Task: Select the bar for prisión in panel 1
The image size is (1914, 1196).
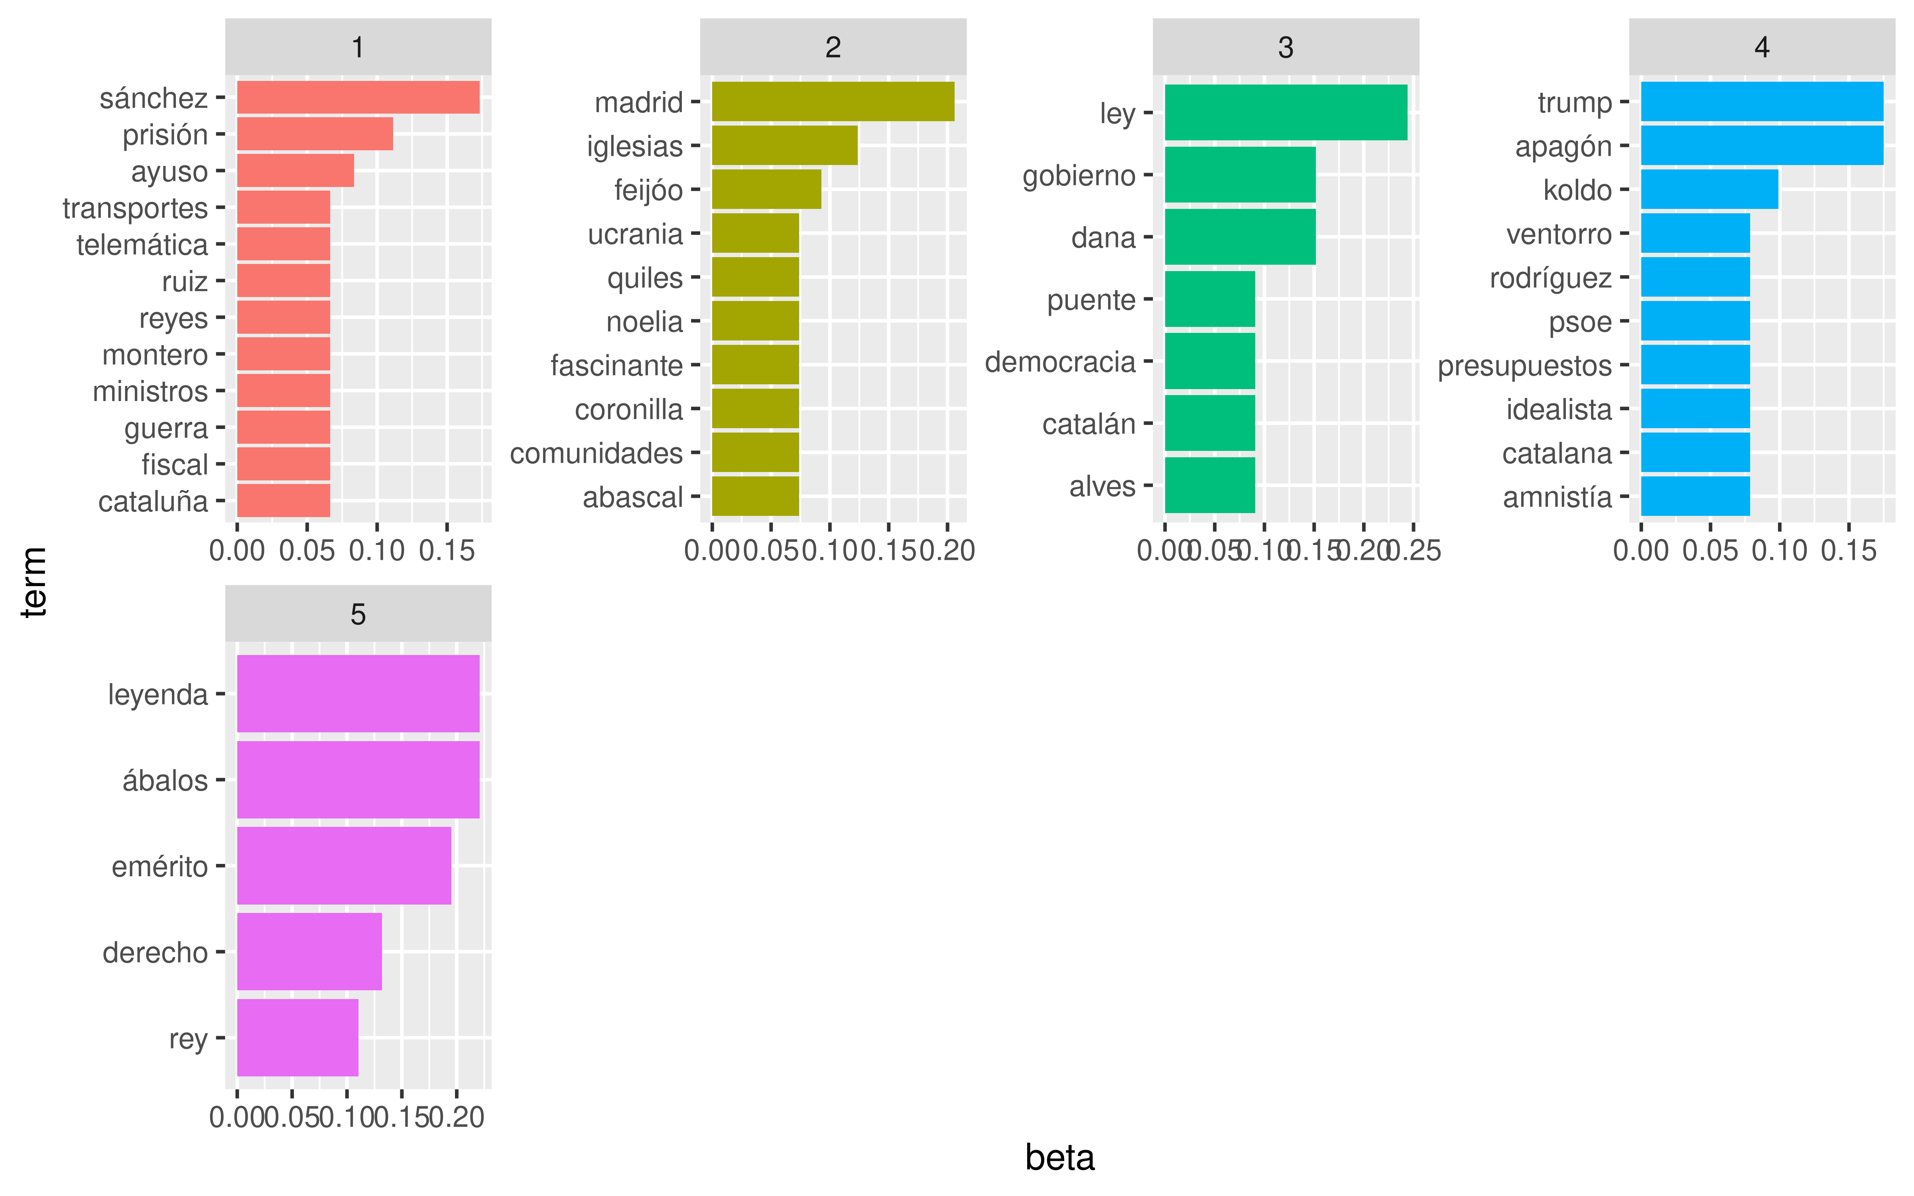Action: click(x=315, y=134)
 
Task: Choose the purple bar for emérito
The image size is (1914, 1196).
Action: click(x=344, y=866)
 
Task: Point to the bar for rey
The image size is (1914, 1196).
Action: click(x=297, y=1037)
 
